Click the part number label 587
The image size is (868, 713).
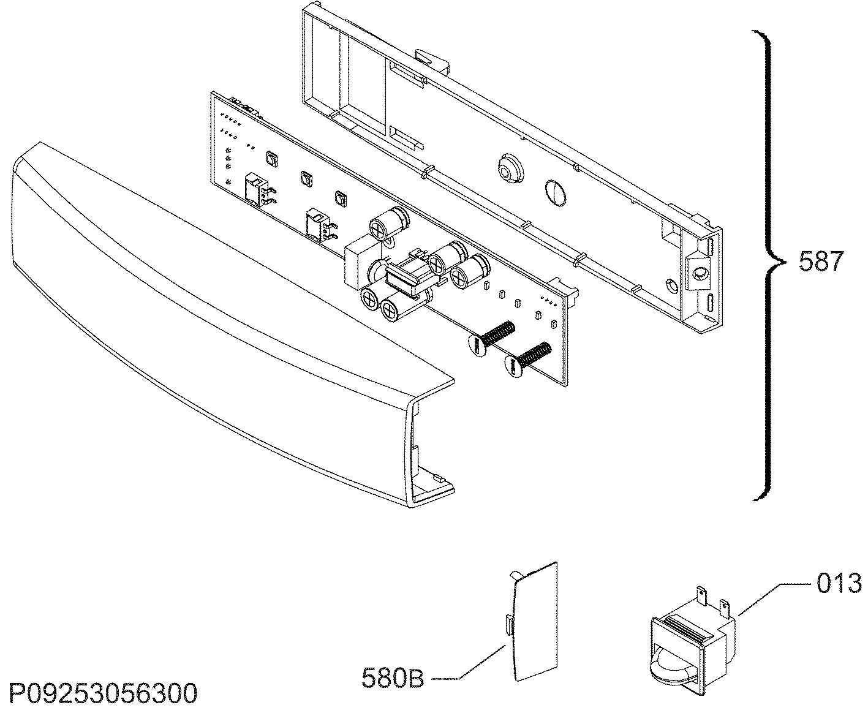(821, 262)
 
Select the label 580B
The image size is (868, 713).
(393, 678)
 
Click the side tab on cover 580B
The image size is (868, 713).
(508, 624)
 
